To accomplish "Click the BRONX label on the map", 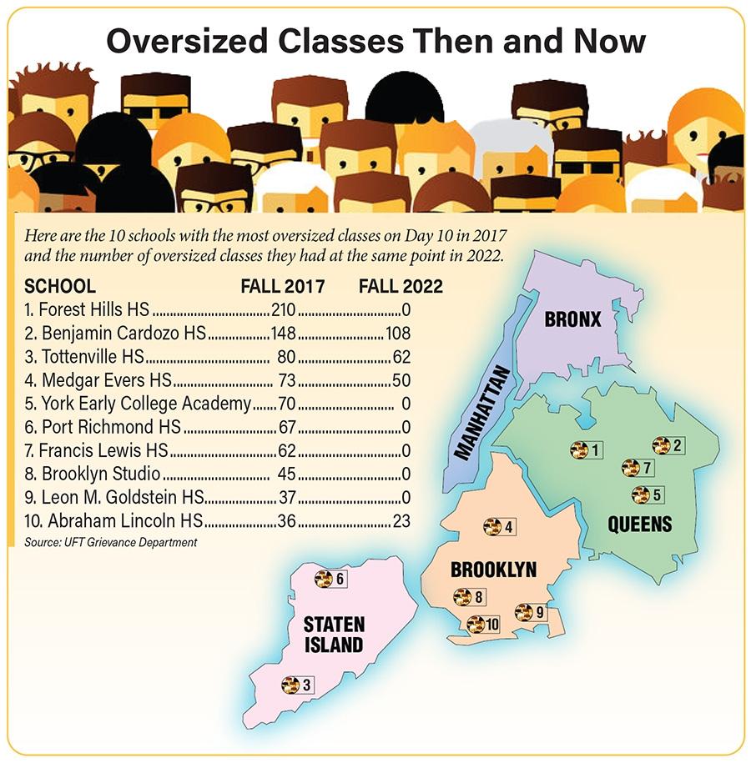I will [572, 319].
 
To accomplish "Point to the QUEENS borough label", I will [640, 525].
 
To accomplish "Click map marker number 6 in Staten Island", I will [330, 579].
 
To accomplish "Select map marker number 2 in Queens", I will [668, 446].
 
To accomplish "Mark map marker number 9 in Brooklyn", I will [531, 612].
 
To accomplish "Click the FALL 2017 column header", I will [282, 287].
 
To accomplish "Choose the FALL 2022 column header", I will [401, 287].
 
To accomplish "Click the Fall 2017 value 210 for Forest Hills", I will [285, 310].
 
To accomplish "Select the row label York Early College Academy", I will [139, 404].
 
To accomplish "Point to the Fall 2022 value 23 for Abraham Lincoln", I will [405, 522].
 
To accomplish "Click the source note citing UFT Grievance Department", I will [111, 543].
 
